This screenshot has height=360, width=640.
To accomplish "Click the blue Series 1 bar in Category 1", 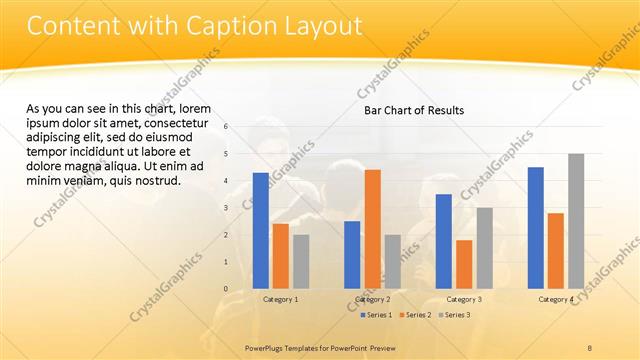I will click(x=260, y=231).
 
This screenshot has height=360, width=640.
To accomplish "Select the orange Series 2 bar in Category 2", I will click(x=372, y=229).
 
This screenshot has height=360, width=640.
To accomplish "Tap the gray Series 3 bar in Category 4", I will click(x=576, y=221).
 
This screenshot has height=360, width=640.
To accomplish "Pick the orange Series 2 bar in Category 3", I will click(x=464, y=264).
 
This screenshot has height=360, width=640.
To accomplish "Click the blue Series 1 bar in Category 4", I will click(x=536, y=228).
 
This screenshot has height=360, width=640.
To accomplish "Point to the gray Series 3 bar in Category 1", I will click(x=301, y=262).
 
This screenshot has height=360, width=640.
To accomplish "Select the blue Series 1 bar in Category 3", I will click(x=444, y=241).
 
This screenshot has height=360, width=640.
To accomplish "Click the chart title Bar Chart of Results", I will click(x=413, y=111).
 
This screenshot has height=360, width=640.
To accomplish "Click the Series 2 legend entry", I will click(x=416, y=315).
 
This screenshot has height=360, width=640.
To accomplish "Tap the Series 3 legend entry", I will click(x=455, y=315).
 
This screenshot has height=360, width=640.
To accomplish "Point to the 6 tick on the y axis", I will click(x=227, y=127).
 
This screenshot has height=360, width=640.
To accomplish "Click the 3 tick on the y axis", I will click(x=227, y=208).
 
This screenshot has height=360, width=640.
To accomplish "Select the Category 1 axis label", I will click(x=280, y=299).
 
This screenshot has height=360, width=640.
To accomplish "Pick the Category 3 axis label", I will click(x=464, y=299).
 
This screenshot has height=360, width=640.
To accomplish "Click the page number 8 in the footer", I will click(x=590, y=346).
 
